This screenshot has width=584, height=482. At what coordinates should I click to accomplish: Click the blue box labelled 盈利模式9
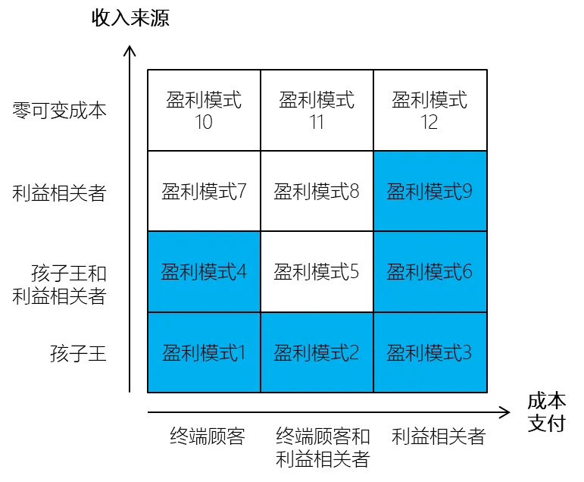point(429,191)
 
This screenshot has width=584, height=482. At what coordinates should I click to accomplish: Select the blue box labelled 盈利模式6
point(429,271)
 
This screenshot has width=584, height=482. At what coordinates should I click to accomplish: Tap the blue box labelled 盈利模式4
point(204,271)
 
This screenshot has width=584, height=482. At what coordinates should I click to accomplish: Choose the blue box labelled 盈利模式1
point(204,352)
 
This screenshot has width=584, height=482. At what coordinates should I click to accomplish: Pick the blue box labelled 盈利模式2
point(317,352)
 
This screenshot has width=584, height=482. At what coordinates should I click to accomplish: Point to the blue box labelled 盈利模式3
point(429,352)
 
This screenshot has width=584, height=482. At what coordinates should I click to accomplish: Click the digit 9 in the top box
point(467,192)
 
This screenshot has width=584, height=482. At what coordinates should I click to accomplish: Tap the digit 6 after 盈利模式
point(467,272)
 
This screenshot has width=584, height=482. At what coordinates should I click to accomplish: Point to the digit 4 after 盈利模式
point(242,272)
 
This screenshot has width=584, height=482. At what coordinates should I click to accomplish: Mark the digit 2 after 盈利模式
point(354,353)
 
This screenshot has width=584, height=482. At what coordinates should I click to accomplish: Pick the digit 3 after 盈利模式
point(467,353)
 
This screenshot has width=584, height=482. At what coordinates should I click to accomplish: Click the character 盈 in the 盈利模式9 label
point(396,192)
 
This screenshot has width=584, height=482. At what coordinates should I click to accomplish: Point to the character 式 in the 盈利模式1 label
point(226,353)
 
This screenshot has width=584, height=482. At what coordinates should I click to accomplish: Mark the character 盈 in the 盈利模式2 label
point(283,353)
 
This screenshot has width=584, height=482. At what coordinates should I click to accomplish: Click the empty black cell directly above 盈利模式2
point(317,271)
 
